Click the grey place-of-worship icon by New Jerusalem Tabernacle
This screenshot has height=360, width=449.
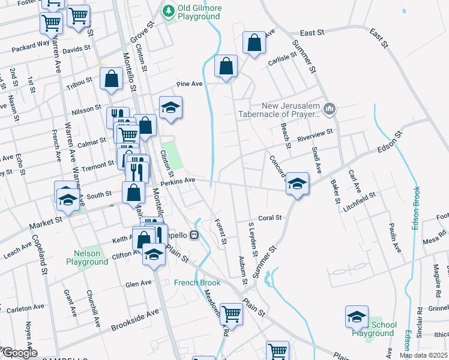click(x=328, y=109)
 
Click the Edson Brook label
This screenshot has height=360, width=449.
click(x=416, y=207)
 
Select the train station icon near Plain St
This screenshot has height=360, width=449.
click(x=194, y=235)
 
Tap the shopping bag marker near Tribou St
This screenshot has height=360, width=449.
click(x=112, y=79)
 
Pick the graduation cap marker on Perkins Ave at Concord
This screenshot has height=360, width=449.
click(x=297, y=183)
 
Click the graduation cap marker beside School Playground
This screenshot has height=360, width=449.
click(x=357, y=317)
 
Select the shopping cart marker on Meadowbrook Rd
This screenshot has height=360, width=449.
click(x=231, y=314)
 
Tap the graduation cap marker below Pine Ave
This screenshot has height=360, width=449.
click(x=171, y=107)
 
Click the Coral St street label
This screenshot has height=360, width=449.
click(x=270, y=218)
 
